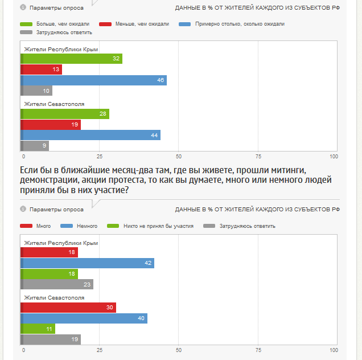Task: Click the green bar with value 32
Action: click(x=72, y=59)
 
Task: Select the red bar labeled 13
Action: click(x=41, y=69)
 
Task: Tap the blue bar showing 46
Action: click(x=93, y=80)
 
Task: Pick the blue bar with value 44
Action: click(x=90, y=135)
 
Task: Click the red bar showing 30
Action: click(x=68, y=308)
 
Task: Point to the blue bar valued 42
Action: click(x=88, y=263)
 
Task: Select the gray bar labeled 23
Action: click(x=57, y=284)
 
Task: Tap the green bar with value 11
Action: click(x=38, y=329)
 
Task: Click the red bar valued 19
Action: click(x=51, y=124)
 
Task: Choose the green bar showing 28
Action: click(x=65, y=114)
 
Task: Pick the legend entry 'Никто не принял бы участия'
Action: click(x=153, y=226)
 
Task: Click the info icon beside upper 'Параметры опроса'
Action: click(x=23, y=7)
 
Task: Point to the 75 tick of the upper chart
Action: click(x=258, y=157)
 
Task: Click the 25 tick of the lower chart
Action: click(x=99, y=350)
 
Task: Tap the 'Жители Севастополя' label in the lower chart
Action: click(x=54, y=297)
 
